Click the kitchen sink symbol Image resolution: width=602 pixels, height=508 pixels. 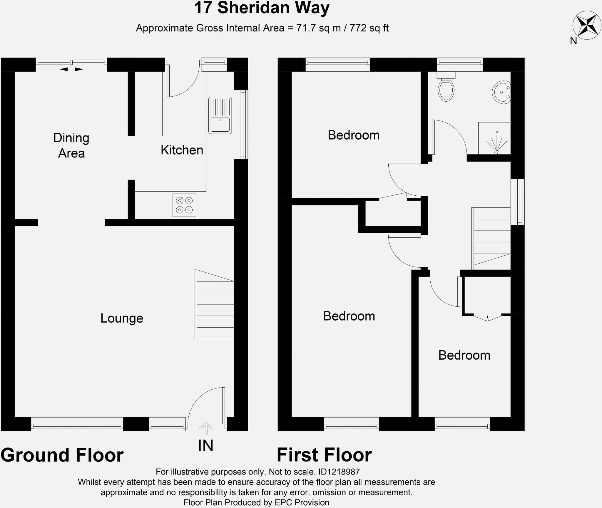pos(220,115)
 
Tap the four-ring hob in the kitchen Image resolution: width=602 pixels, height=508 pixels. pos(184,205)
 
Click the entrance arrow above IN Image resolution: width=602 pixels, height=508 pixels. pos(206,428)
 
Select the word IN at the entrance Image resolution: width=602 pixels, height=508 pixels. pos(205,446)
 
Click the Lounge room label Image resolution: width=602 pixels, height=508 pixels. pos(122,318)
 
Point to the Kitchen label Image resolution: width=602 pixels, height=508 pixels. pos(182,150)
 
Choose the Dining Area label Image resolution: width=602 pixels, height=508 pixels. pos(71,145)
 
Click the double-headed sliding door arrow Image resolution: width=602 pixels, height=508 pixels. pos(71,69)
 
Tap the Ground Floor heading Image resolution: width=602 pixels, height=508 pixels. pos(62,455)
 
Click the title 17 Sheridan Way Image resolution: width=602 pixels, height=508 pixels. pos(262,8)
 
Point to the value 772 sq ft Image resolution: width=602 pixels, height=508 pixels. pos(369,28)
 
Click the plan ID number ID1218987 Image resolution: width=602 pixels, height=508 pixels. pos(339,472)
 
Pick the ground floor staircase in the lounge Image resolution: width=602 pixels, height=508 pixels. pos(214,304)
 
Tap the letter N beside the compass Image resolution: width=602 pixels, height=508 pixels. pos(573,41)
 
